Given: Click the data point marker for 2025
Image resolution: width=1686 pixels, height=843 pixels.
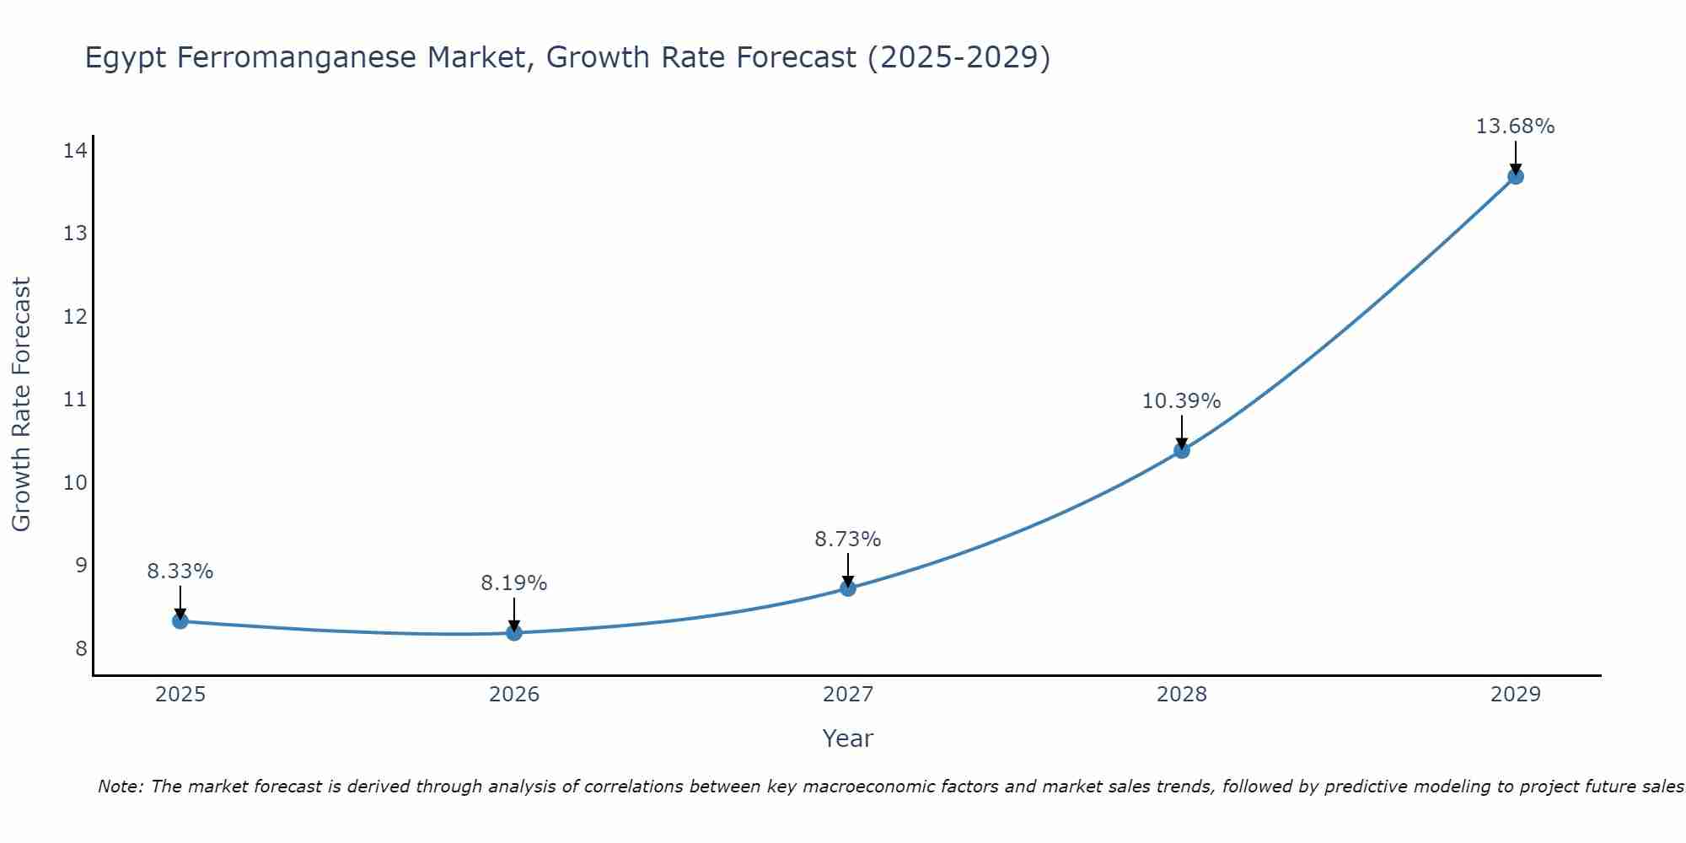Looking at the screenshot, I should pyautogui.click(x=180, y=621).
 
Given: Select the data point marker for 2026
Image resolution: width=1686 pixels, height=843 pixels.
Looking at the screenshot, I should pyautogui.click(x=514, y=632).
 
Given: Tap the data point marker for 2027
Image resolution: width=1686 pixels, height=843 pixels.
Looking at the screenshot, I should pyautogui.click(x=848, y=588).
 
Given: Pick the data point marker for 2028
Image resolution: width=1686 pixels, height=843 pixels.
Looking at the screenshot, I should pyautogui.click(x=1182, y=450).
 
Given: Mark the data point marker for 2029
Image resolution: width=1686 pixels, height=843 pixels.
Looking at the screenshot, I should pyautogui.click(x=1516, y=176).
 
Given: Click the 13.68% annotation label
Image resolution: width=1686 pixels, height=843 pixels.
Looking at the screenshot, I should pyautogui.click(x=1515, y=126).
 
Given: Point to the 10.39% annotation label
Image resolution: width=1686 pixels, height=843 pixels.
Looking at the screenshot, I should pyautogui.click(x=1181, y=401).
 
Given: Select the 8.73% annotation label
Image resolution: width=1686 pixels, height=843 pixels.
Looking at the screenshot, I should pyautogui.click(x=847, y=540).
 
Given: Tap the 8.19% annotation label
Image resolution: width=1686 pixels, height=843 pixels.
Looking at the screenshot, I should pyautogui.click(x=513, y=583).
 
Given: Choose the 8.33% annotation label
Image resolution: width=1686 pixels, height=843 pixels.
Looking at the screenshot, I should pyautogui.click(x=180, y=572).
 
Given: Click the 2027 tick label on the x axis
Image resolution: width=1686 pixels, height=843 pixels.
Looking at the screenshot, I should pyautogui.click(x=848, y=695).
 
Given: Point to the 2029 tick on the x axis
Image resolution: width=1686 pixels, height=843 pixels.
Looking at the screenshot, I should pyautogui.click(x=1516, y=695).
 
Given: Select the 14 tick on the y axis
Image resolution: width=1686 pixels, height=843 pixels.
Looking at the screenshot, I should pyautogui.click(x=75, y=151).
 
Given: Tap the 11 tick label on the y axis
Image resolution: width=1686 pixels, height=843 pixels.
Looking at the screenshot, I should pyautogui.click(x=75, y=400).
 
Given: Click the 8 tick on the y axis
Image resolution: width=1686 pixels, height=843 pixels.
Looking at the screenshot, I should pyautogui.click(x=81, y=648).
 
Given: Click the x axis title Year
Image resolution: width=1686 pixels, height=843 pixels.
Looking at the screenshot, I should pyautogui.click(x=847, y=738).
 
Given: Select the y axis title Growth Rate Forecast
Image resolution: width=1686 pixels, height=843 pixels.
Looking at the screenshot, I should pyautogui.click(x=21, y=405).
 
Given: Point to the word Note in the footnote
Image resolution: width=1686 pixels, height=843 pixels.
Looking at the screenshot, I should pyautogui.click(x=120, y=787).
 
